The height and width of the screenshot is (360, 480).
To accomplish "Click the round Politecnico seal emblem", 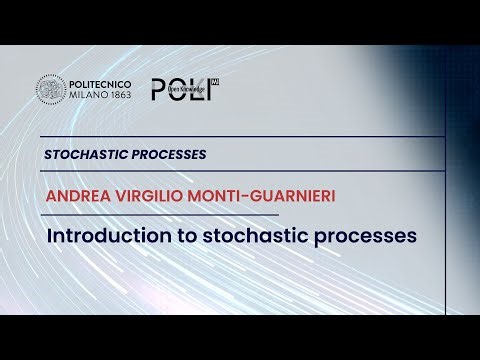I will tap(51, 89).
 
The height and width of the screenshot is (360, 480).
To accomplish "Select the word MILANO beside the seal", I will tap(88, 96).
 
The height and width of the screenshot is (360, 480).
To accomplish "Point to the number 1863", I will tap(125, 96).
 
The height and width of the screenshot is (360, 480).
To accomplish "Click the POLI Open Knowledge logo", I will tap(184, 88).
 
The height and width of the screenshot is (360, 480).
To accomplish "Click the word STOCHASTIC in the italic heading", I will tap(85, 155).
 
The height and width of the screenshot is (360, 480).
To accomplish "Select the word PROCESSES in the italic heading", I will tap(168, 155).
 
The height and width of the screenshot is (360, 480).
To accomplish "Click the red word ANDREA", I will tap(77, 195).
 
